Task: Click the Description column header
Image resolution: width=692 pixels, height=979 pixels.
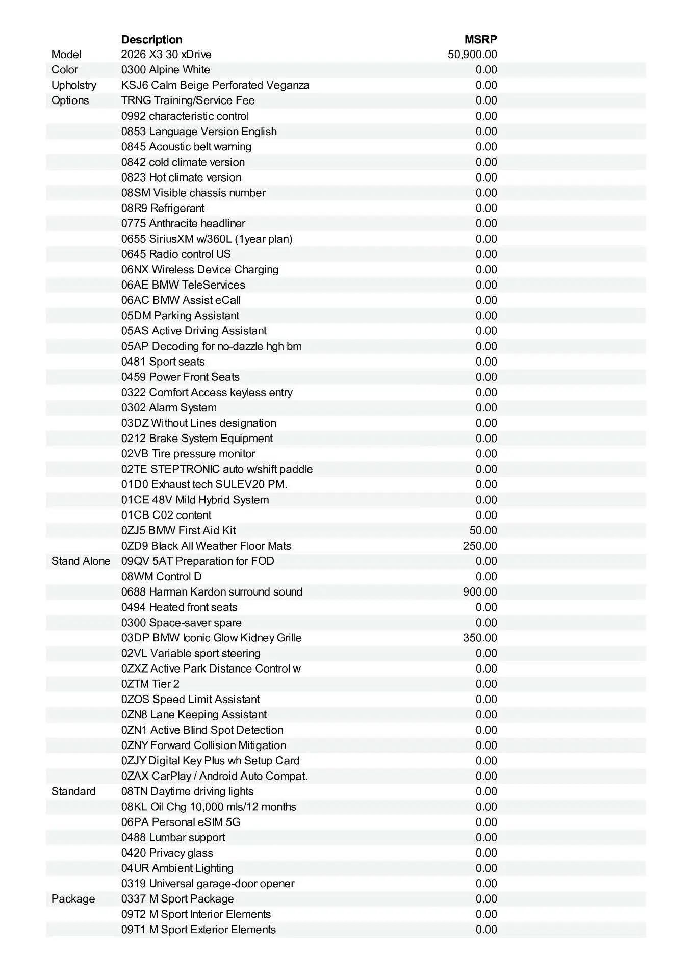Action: coord(151,40)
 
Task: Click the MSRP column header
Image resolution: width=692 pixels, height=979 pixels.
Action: coord(480,40)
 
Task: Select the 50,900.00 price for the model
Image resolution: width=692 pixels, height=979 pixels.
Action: coord(472,55)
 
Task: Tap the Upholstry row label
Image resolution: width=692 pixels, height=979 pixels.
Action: coord(74,85)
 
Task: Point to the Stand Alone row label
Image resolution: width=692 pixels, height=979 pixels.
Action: coord(81,561)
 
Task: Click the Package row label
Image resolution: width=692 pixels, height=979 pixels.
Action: coord(73,899)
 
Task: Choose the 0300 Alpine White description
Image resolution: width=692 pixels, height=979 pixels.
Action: coord(165,70)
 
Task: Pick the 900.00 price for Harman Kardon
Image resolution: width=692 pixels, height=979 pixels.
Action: coord(480,592)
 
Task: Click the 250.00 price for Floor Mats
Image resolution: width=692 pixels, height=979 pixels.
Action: coord(480,546)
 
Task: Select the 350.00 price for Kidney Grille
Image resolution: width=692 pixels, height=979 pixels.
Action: coord(480,638)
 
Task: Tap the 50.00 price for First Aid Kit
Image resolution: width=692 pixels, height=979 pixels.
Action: coord(483,531)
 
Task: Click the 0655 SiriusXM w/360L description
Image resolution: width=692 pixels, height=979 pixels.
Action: coord(207,239)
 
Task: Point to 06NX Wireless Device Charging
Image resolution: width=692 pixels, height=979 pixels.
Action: coord(199,269)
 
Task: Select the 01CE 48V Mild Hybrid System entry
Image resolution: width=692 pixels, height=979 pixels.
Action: coord(195,500)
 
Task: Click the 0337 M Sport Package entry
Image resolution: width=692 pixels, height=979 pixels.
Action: coord(177,899)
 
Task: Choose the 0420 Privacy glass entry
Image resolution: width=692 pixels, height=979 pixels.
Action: coord(167,853)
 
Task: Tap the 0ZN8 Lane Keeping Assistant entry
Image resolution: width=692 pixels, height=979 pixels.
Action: coord(194,715)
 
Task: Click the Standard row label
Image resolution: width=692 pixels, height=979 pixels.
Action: coord(73,791)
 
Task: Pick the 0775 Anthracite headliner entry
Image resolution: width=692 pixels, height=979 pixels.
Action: coord(183,223)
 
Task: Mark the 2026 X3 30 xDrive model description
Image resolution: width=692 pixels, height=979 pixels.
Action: coord(166,55)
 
